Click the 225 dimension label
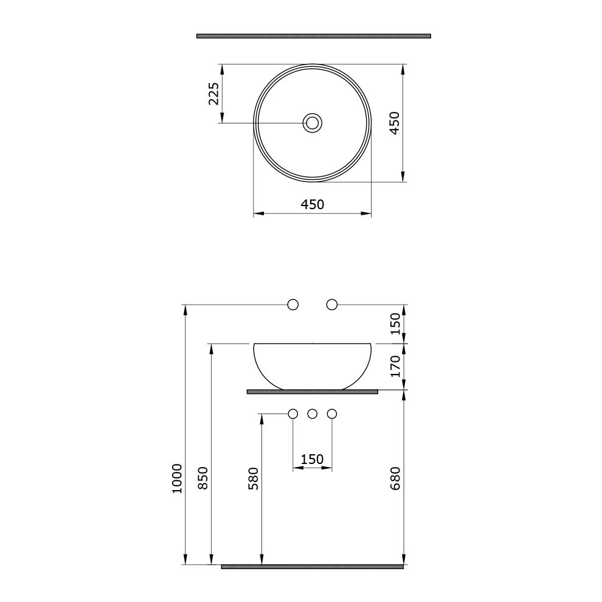click(x=214, y=93)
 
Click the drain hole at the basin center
click(x=312, y=123)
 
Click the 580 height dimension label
click(x=254, y=479)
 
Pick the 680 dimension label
click(x=395, y=479)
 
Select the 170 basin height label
click(x=395, y=366)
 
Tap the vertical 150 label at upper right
click(x=395, y=323)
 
